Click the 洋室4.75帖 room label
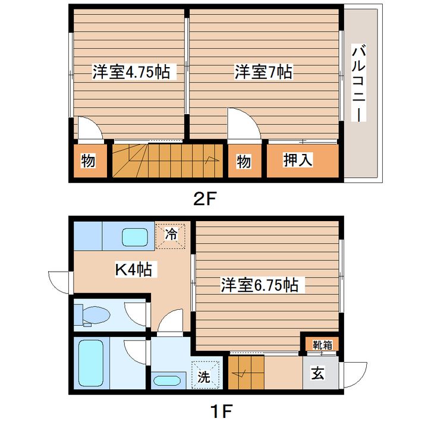pyautogui.click(x=131, y=72)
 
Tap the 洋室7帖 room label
pyautogui.click(x=263, y=72)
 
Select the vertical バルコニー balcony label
pyautogui.click(x=358, y=83)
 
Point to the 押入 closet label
pyautogui.click(x=297, y=160)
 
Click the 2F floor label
pyautogui.click(x=204, y=199)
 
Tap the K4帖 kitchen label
pyautogui.click(x=134, y=269)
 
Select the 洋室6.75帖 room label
pyautogui.click(x=259, y=285)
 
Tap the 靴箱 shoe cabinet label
pyautogui.click(x=322, y=345)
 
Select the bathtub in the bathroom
pyautogui.click(x=91, y=363)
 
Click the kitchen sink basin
pyautogui.click(x=135, y=237)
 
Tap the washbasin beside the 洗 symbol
pyautogui.click(x=166, y=381)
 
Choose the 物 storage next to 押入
pyautogui.click(x=244, y=160)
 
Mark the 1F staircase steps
pyautogui.click(x=246, y=372)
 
